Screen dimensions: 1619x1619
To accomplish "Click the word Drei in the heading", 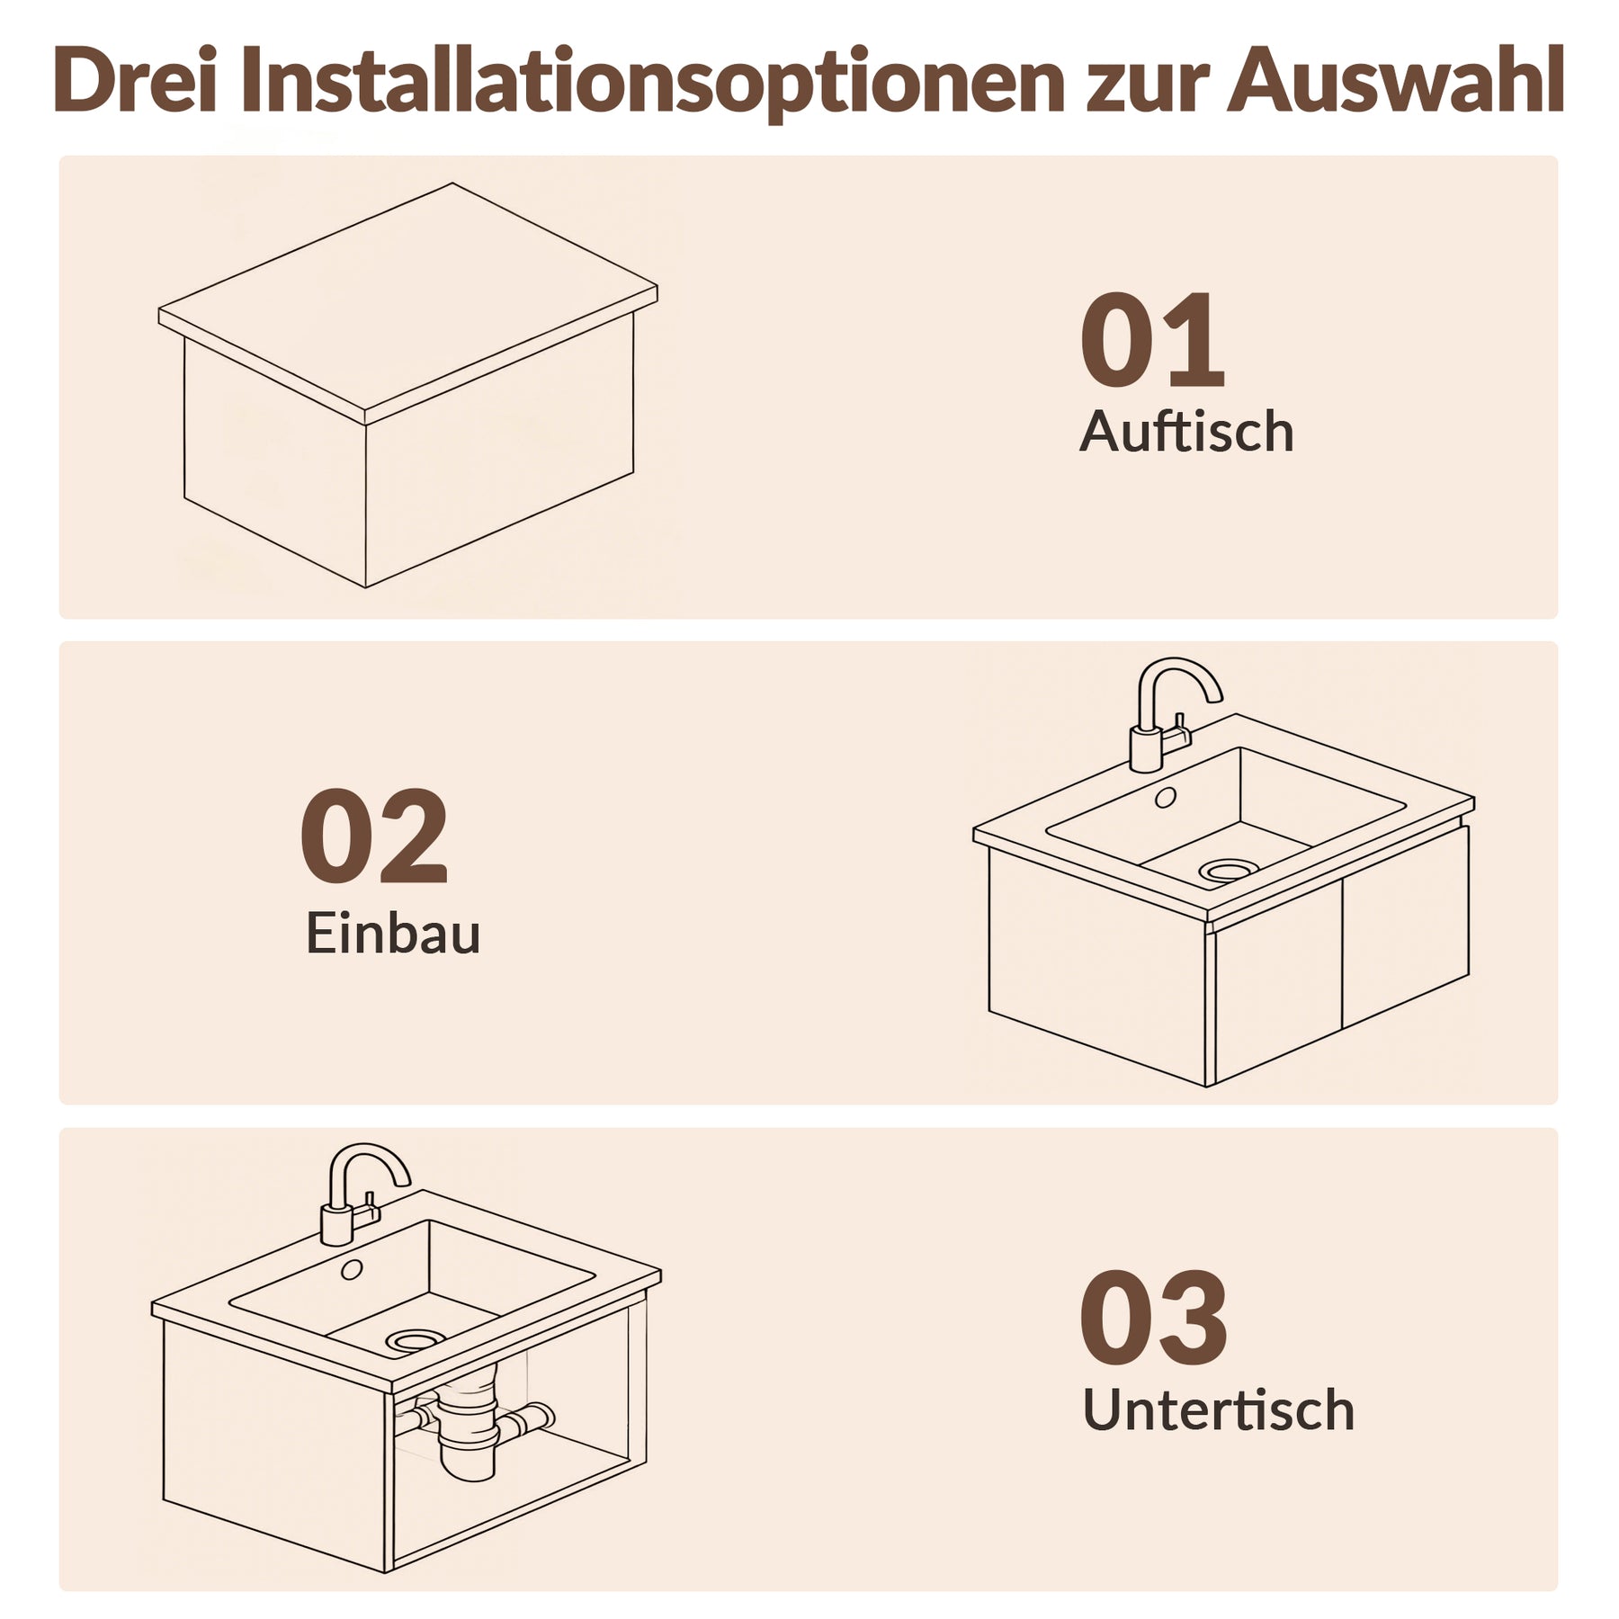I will coord(135,83).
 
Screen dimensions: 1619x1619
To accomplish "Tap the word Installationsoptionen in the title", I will coord(652,83).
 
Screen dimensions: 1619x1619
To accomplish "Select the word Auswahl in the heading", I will coord(1394,83).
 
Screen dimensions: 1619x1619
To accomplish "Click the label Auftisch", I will coord(1185,433).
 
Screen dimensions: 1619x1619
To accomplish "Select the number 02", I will coord(373,836).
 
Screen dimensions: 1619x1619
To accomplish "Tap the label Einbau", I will coord(393,934).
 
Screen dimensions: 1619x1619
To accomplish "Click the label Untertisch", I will coord(1218,1409).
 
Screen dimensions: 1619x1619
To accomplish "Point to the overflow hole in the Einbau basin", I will coord(1165,797).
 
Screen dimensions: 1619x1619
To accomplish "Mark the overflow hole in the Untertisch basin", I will coord(352,1269).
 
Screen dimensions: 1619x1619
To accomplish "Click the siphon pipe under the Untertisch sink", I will coord(469,1430).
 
